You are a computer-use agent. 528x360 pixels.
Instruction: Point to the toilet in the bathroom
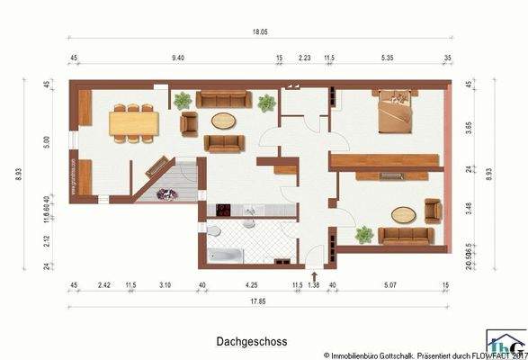(214, 231)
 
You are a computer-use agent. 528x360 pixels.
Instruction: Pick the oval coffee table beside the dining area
(224, 121)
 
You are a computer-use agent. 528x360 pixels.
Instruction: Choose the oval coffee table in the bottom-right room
(404, 214)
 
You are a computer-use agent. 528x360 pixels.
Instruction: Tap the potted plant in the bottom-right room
(363, 234)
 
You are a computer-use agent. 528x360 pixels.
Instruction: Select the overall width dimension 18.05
(259, 31)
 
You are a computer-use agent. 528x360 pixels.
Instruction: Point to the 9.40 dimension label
(178, 58)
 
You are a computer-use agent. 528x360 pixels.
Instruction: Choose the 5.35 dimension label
(389, 58)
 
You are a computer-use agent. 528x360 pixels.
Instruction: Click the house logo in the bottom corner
(506, 345)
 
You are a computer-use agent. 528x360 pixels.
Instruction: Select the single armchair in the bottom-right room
(433, 211)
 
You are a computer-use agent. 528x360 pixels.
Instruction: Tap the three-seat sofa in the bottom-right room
(406, 236)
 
